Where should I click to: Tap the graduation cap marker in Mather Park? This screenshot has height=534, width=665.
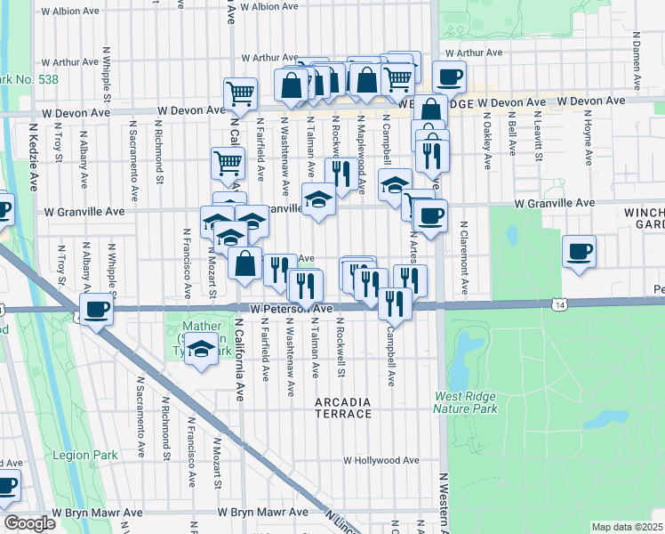coord(203,351)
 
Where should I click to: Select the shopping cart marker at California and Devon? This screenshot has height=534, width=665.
coord(240,92)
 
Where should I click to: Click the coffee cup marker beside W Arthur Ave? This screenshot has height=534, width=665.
coord(449,77)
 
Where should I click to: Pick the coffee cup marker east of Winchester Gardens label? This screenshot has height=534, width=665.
coord(579,252)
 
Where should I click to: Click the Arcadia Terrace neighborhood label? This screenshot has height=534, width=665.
coord(344,408)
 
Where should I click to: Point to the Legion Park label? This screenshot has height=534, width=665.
coord(91,456)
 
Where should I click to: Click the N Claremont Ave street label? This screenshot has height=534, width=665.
coord(463,263)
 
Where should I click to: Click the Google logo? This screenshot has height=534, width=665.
coord(29,523)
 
